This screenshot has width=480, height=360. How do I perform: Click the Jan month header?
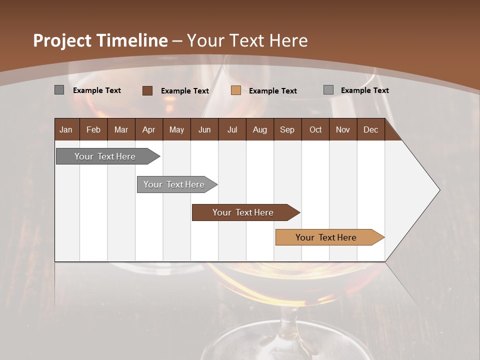click(x=66, y=129)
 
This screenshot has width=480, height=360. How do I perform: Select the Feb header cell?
click(x=93, y=129)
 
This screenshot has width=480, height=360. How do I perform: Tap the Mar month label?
click(x=121, y=129)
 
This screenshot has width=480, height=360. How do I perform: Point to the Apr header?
click(x=148, y=129)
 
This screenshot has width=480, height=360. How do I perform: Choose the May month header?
click(x=176, y=129)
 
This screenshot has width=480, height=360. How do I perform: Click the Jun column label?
click(x=204, y=129)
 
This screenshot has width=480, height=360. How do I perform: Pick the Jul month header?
click(x=232, y=129)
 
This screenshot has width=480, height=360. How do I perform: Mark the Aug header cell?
click(x=259, y=129)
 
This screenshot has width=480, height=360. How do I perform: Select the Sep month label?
click(x=287, y=129)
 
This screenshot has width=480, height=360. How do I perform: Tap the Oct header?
click(x=315, y=129)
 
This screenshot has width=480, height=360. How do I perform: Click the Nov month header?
click(x=343, y=129)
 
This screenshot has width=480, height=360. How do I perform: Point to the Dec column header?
click(x=370, y=129)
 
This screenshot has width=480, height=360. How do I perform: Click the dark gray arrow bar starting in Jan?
click(x=105, y=156)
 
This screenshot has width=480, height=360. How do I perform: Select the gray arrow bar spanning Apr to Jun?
click(x=174, y=184)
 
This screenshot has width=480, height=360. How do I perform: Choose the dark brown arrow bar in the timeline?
click(x=243, y=212)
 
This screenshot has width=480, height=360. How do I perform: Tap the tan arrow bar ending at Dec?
click(x=326, y=237)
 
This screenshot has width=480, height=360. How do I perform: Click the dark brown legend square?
click(x=147, y=90)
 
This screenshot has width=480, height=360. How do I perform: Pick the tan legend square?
click(x=236, y=90)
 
